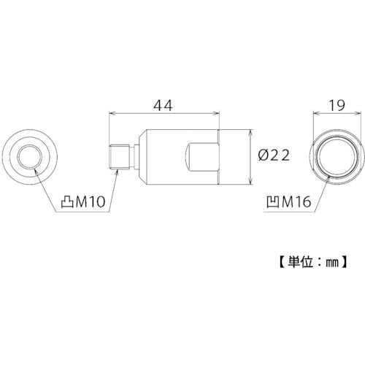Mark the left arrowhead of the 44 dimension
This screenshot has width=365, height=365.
pyautogui.click(x=112, y=113)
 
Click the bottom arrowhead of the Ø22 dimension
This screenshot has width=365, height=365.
pyautogui.click(x=252, y=182)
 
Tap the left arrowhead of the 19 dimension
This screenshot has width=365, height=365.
pyautogui.click(x=316, y=114)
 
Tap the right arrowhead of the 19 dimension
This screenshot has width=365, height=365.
pyautogui.click(x=357, y=114)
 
